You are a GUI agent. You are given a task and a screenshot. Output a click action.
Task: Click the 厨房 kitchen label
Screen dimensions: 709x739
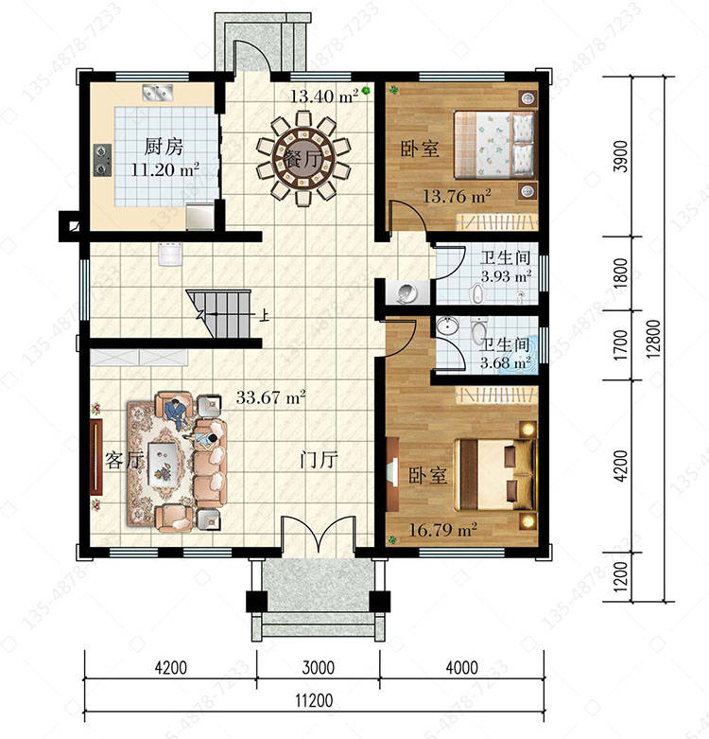pyautogui.click(x=164, y=147)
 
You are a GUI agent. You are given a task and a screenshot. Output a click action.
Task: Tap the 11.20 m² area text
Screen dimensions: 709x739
pyautogui.click(x=164, y=169)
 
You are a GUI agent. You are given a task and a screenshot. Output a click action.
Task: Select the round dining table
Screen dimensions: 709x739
pyautogui.click(x=303, y=158)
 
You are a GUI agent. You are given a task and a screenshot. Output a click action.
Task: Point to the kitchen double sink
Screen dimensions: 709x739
pyautogui.click(x=158, y=92)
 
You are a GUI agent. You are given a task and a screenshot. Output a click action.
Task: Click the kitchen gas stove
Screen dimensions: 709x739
pyautogui.click(x=102, y=160)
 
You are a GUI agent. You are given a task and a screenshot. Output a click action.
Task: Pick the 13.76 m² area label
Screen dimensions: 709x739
pyautogui.click(x=457, y=196)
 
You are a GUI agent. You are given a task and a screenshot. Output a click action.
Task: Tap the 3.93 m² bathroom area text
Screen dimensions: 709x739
pyautogui.click(x=506, y=276)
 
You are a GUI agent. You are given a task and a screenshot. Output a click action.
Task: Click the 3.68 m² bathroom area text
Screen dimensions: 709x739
pyautogui.click(x=506, y=363)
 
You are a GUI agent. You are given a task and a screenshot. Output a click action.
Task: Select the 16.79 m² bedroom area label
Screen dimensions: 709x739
pyautogui.click(x=442, y=530)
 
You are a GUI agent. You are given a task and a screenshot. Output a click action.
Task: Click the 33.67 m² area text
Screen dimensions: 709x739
pyautogui.click(x=270, y=397)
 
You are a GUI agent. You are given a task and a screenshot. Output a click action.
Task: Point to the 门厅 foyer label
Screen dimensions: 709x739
pyautogui.click(x=320, y=460)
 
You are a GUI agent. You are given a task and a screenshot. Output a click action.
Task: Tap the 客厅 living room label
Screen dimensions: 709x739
pyautogui.click(x=123, y=460)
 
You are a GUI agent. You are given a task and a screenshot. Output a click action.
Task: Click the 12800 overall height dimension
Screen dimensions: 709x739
pyautogui.click(x=653, y=339)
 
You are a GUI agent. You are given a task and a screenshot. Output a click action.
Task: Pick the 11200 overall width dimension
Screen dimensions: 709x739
pyautogui.click(x=314, y=701)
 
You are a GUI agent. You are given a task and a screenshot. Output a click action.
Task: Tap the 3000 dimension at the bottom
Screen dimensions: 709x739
pyautogui.click(x=319, y=667)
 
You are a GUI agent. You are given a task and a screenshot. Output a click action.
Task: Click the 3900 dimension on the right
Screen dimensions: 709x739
pyautogui.click(x=621, y=156)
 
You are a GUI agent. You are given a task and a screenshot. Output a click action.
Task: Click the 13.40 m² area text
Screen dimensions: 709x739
pyautogui.click(x=324, y=97)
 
